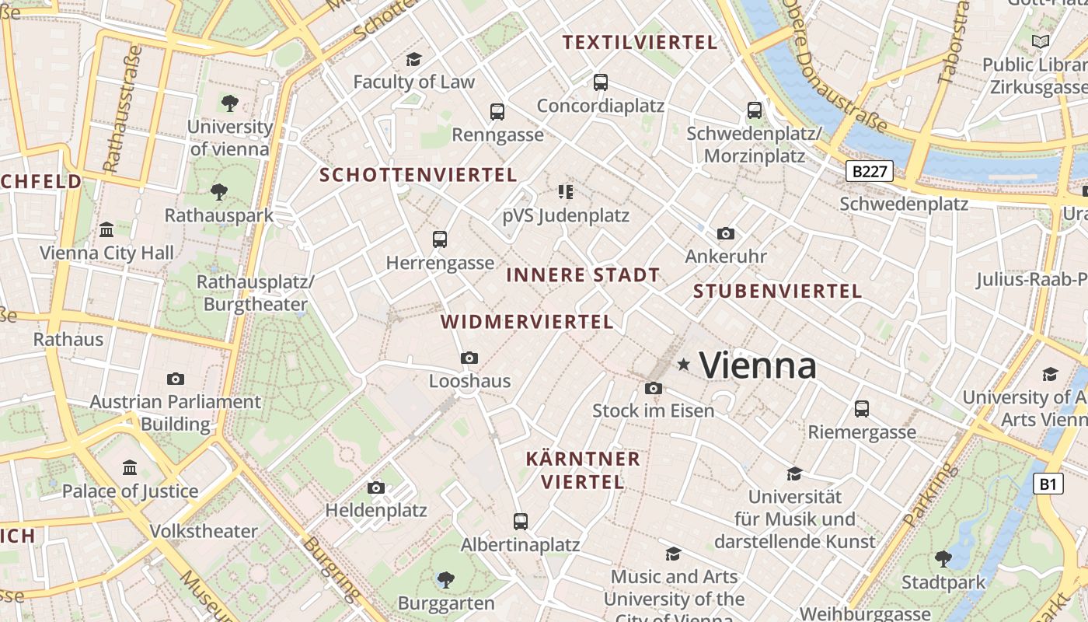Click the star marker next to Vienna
click(x=684, y=364)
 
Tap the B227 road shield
click(x=869, y=172)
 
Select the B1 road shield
click(x=1048, y=484)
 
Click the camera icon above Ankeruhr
click(x=726, y=233)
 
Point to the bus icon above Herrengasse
click(x=440, y=239)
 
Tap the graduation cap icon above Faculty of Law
click(x=413, y=59)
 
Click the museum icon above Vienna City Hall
click(x=106, y=229)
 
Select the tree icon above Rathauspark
click(x=219, y=191)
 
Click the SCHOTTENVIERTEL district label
click(x=418, y=175)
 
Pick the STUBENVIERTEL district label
click(x=777, y=292)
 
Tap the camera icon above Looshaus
click(x=469, y=358)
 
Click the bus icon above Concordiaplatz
click(x=600, y=82)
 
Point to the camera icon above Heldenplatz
click(x=376, y=487)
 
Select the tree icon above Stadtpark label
click(x=943, y=558)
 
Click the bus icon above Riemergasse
click(x=861, y=408)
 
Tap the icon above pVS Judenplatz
click(x=566, y=191)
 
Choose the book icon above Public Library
click(x=1040, y=41)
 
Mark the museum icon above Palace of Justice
click(x=130, y=467)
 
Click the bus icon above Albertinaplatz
click(x=521, y=521)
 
